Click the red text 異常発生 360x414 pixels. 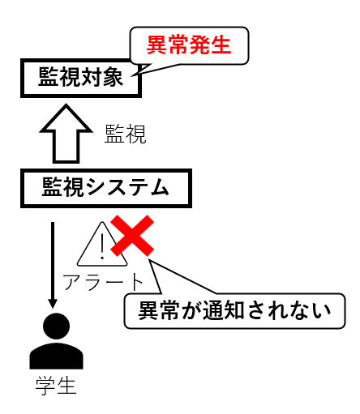[189, 45]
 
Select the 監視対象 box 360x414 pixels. [81, 79]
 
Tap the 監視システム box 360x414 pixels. [106, 188]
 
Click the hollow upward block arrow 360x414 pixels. [66, 134]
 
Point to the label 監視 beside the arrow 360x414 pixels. [125, 134]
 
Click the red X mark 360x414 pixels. [132, 236]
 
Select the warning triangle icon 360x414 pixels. [102, 244]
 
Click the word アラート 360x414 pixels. [103, 282]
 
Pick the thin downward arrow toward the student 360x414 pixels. [53, 265]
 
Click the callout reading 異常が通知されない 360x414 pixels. [234, 311]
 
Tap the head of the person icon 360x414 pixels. [56, 327]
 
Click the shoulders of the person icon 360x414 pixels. [56, 356]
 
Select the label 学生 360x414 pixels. [56, 386]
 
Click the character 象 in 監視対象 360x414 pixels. [113, 77]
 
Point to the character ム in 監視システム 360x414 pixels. [160, 187]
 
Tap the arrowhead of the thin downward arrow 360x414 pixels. [53, 304]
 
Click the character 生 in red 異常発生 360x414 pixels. [221, 45]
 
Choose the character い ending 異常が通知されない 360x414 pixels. [321, 311]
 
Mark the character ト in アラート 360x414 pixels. [137, 282]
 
